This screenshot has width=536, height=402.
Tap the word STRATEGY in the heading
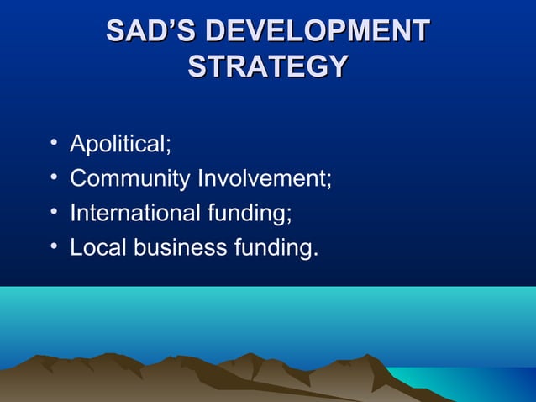click(x=267, y=66)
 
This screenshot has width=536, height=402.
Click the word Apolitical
click(x=117, y=145)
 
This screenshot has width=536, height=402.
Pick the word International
click(x=134, y=214)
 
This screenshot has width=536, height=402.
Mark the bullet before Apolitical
click(x=54, y=145)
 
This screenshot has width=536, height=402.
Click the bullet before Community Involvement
click(x=54, y=179)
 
